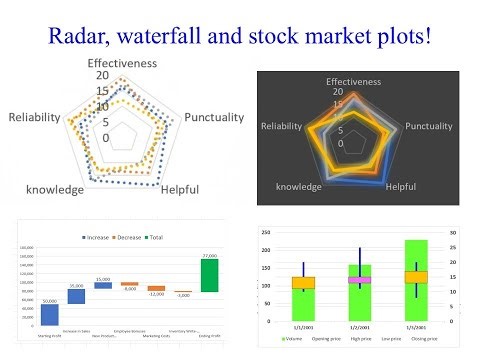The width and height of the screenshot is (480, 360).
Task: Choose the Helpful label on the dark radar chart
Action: pyautogui.click(x=401, y=186)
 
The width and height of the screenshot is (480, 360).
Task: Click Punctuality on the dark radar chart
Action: pyautogui.click(x=427, y=126)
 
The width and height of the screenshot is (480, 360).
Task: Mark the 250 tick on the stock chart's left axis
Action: pyautogui.click(x=265, y=232)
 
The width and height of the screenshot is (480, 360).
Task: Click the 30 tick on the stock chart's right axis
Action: pyautogui.click(x=451, y=232)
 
